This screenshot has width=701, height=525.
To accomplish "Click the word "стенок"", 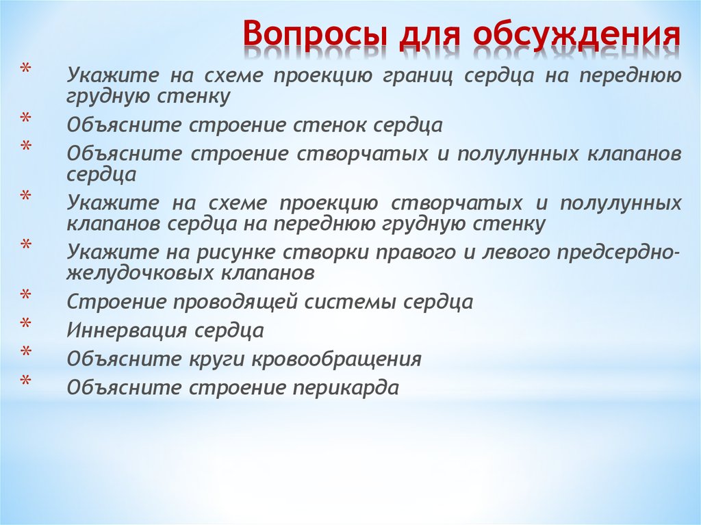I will [330, 125].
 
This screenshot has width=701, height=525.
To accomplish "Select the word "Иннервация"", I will [125, 331].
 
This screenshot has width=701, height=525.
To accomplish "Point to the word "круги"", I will [218, 359].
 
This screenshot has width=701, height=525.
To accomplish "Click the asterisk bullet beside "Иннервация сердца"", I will [25, 323].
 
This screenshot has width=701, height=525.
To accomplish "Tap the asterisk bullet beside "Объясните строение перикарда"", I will [25, 381].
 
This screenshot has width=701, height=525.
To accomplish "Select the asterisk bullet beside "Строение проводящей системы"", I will [25, 295].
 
